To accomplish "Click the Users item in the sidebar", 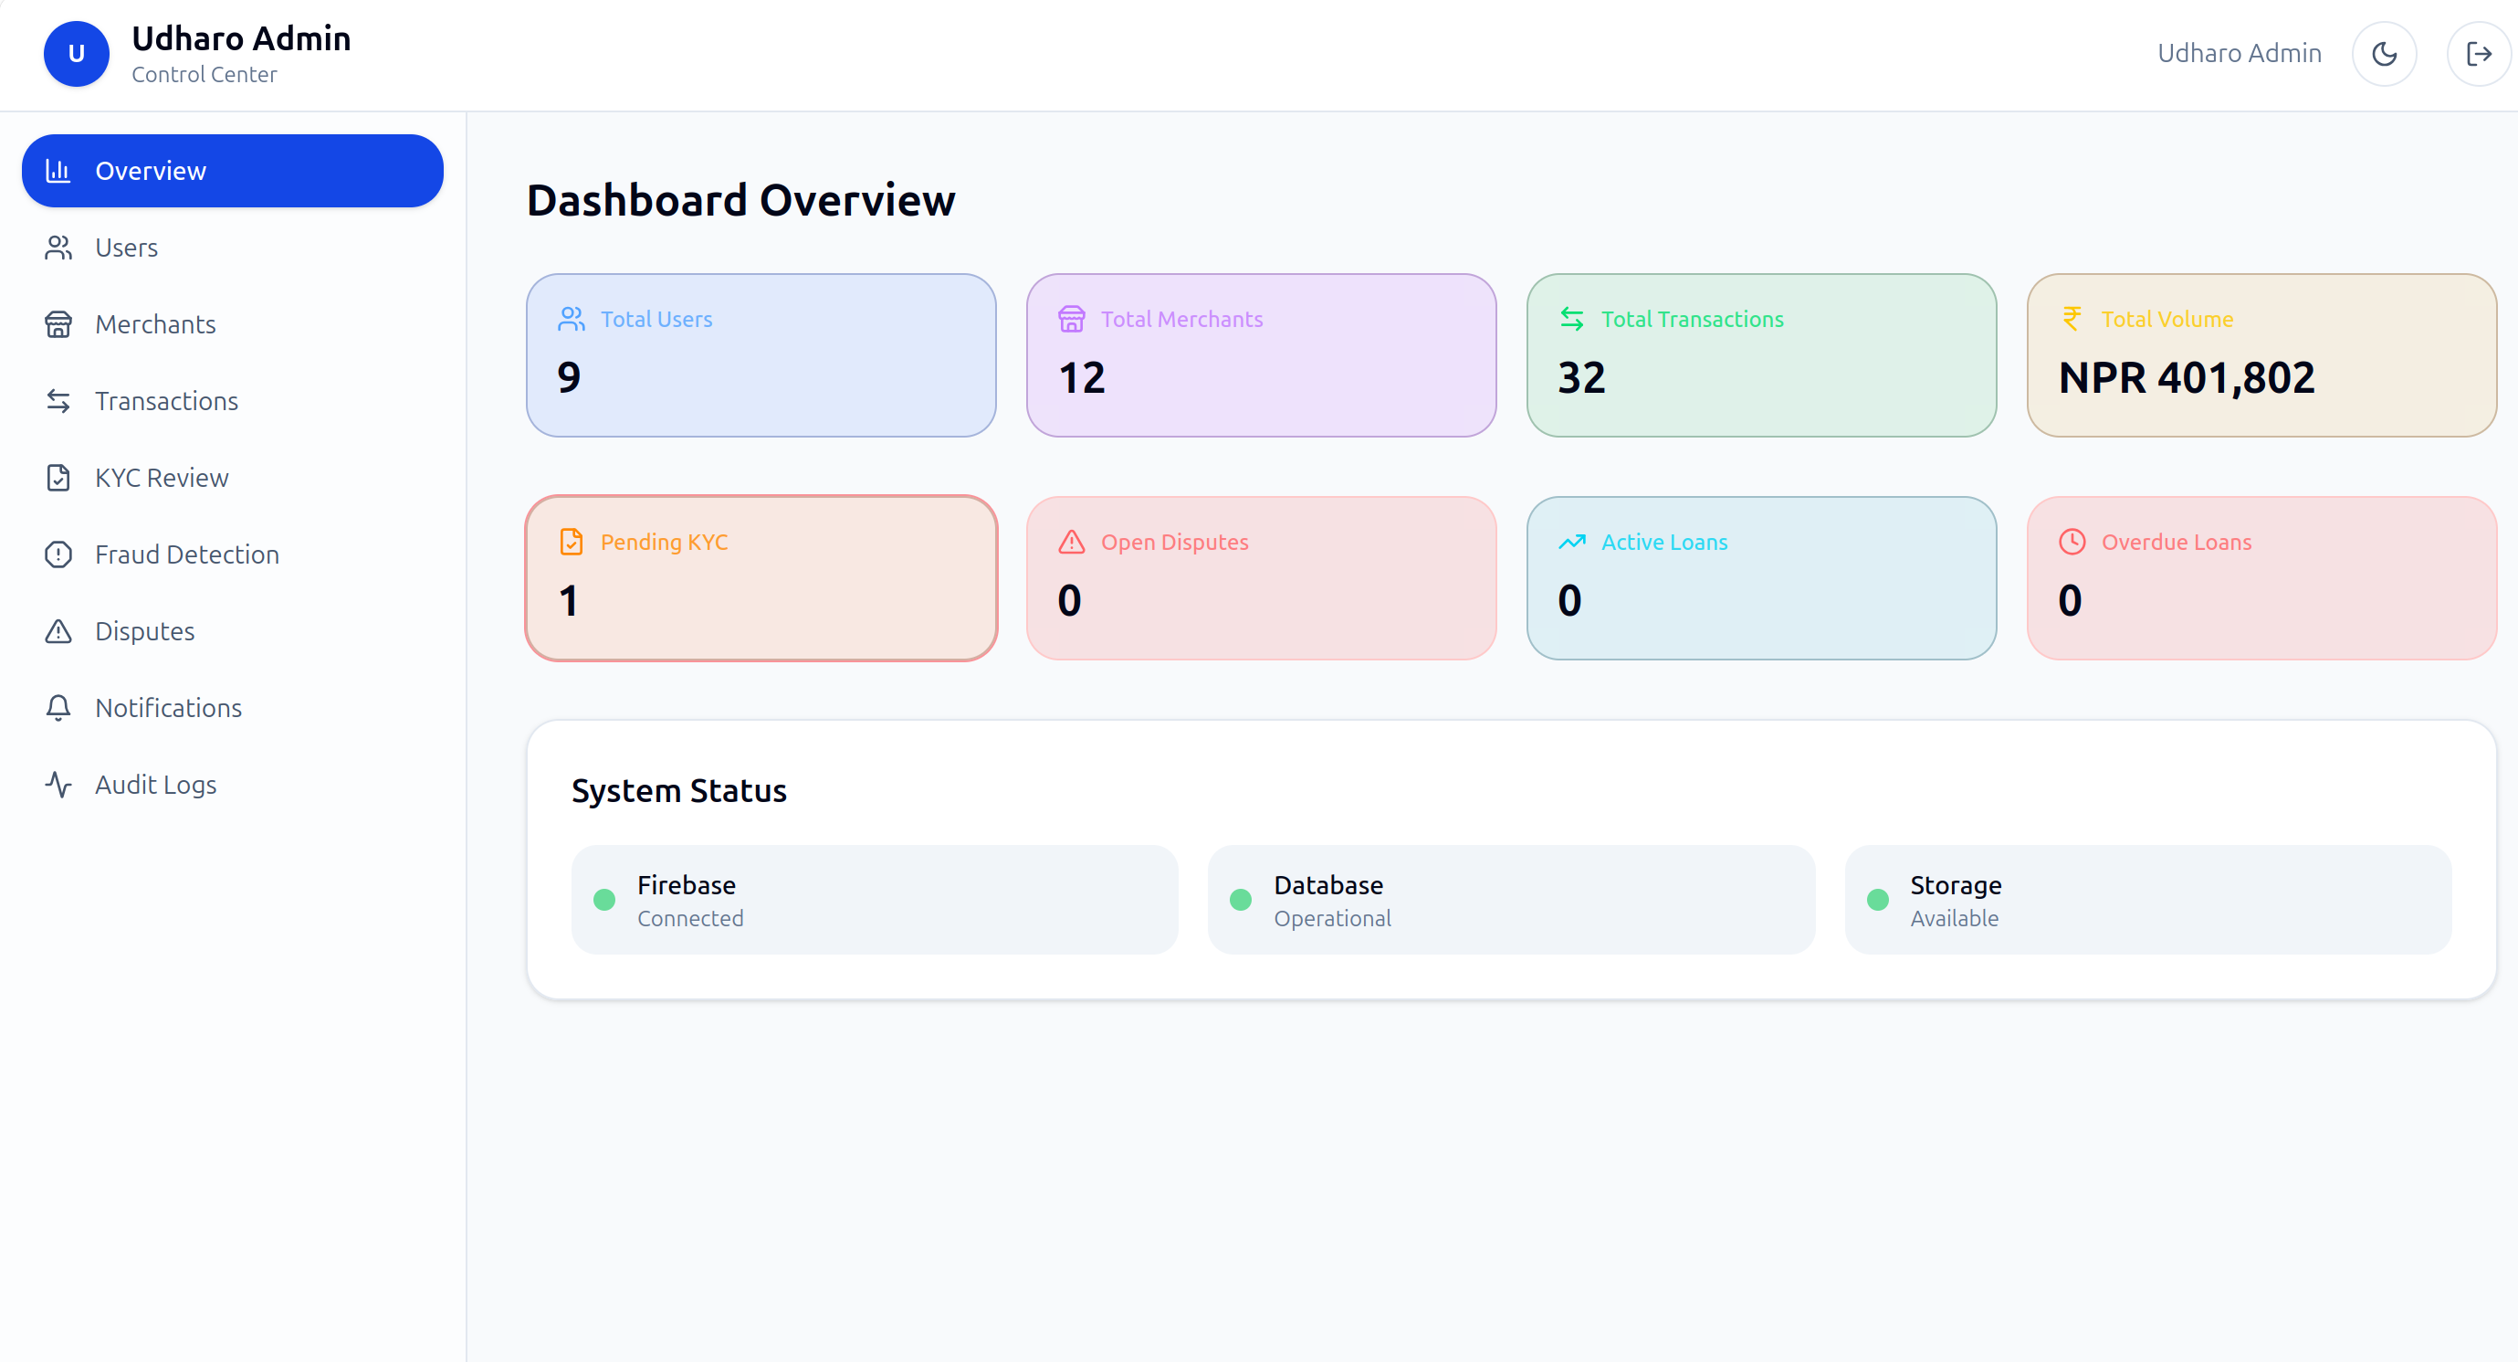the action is click(x=126, y=248).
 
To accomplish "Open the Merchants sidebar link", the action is click(x=154, y=324).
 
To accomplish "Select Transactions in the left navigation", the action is click(x=166, y=401).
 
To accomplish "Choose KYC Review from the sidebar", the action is click(x=162, y=478).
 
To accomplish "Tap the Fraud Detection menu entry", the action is click(x=186, y=554).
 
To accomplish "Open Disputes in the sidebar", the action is click(x=144, y=631).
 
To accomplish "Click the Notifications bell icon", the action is click(x=58, y=708).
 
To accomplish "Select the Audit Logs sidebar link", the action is click(x=155, y=785).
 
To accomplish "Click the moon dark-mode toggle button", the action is click(x=2384, y=54).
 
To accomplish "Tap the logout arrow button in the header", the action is click(x=2478, y=54).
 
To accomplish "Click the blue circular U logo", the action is click(x=77, y=54).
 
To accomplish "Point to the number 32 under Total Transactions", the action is click(x=1581, y=378).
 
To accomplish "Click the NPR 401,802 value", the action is click(x=2187, y=378).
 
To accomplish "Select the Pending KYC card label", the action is click(x=664, y=542).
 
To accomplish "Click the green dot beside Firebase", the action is click(x=604, y=900).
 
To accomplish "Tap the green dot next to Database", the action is click(x=1241, y=900).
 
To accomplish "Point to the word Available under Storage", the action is click(x=1954, y=919).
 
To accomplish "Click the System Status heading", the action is click(x=679, y=791).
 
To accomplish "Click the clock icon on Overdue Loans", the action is click(x=2072, y=542).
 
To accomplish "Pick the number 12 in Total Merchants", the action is click(x=1081, y=378).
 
